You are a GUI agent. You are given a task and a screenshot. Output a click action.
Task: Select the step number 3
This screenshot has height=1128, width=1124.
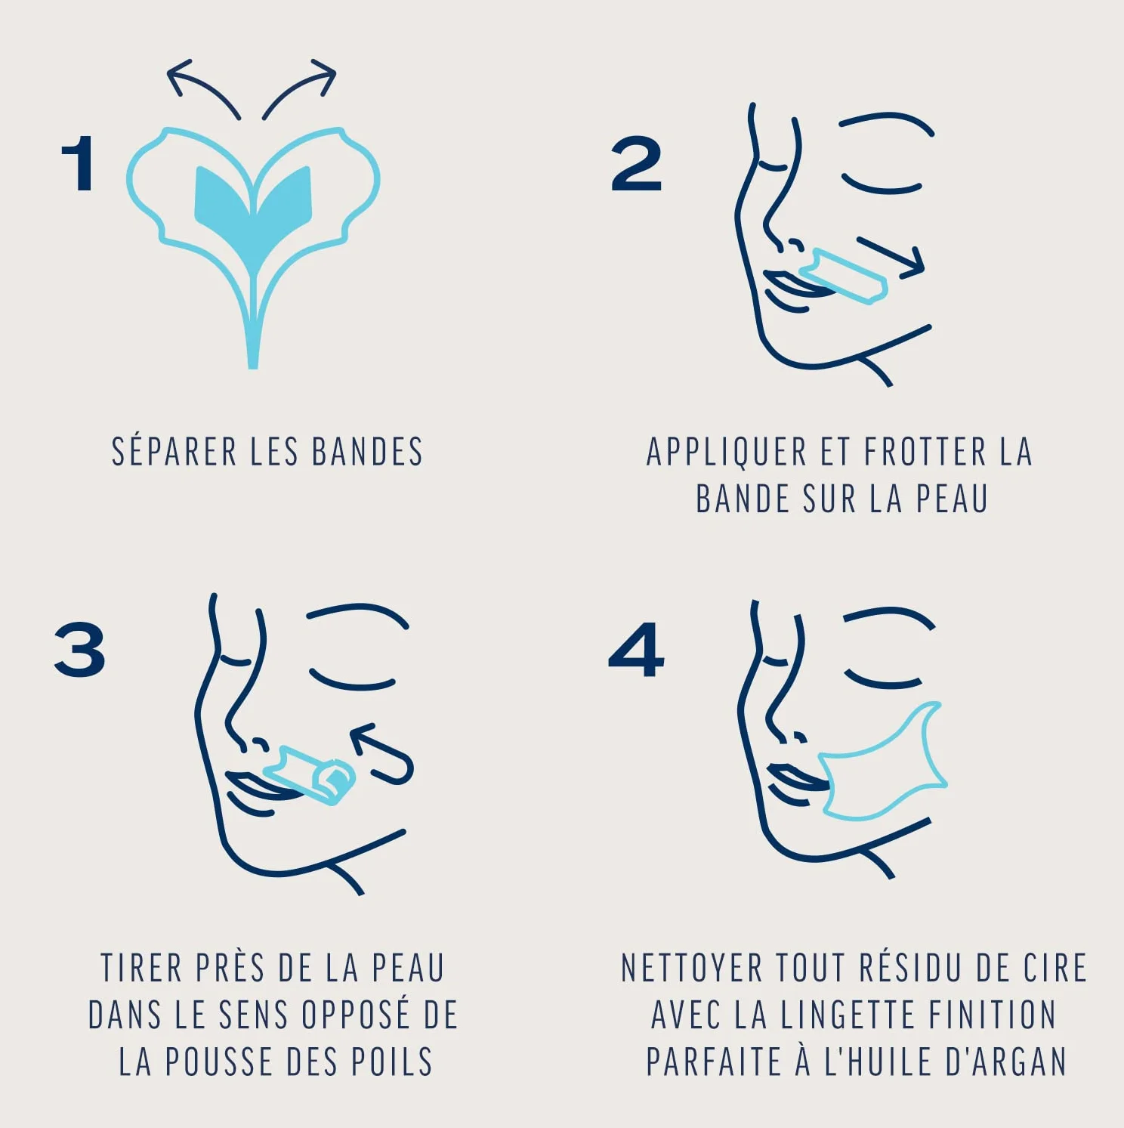click(79, 649)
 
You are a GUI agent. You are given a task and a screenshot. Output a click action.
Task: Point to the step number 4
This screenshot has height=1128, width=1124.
click(636, 649)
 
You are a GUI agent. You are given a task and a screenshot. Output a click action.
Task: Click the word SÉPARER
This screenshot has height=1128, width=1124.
click(174, 452)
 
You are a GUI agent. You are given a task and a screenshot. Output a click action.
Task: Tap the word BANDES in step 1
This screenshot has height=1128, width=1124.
click(367, 452)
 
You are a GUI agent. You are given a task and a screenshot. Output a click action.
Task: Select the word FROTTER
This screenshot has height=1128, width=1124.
click(925, 452)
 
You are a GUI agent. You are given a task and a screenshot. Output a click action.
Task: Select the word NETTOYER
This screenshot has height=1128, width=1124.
click(691, 968)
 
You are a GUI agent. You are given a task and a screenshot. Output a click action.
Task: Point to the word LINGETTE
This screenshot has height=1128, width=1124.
click(846, 1015)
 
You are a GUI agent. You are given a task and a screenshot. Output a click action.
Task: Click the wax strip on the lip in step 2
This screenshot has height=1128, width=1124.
click(845, 276)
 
